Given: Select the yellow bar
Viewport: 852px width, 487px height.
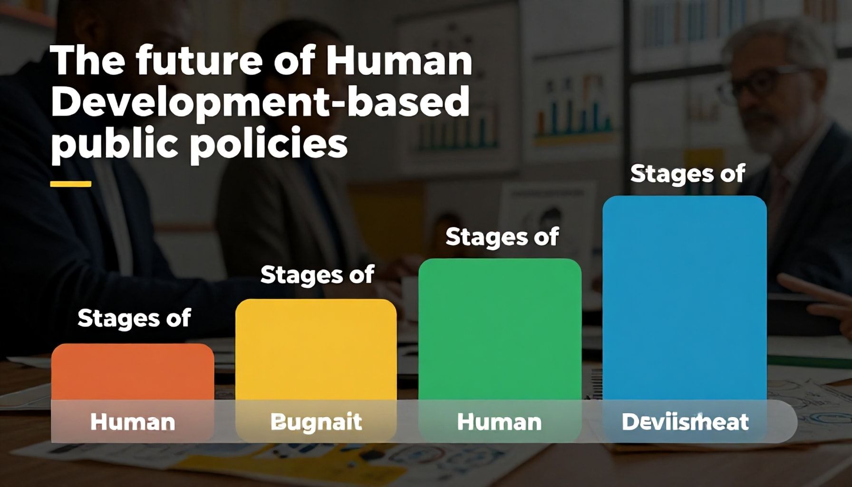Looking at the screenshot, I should pos(316,350).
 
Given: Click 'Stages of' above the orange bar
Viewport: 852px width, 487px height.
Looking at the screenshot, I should pos(134,318).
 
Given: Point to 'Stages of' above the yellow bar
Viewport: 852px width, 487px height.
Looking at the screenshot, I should pos(317,275).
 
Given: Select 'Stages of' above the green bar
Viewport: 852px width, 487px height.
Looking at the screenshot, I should pos(502,237).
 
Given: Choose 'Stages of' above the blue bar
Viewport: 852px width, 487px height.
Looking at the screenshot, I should pos(687,174).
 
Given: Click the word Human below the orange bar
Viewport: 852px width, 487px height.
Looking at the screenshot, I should pos(133,422).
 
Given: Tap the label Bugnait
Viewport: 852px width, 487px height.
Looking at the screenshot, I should pos(316,422).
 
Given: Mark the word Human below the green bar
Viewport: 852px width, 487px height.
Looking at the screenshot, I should pos(499,422).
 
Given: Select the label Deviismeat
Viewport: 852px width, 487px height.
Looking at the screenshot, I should pos(685,422).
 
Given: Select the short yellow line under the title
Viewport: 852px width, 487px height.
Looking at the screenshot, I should pos(70,184).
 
